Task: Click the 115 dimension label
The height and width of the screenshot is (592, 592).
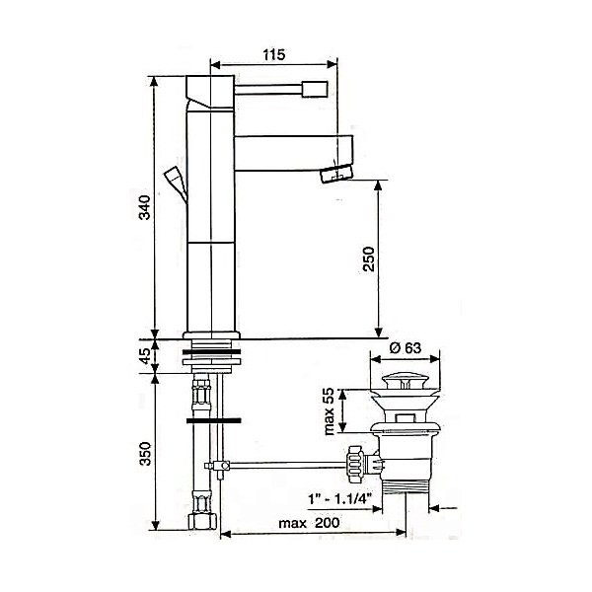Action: pyautogui.click(x=274, y=54)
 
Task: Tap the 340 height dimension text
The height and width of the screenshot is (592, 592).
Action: pyautogui.click(x=145, y=207)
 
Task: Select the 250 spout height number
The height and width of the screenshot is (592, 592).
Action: pyautogui.click(x=368, y=259)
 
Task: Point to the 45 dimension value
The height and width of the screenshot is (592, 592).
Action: pyautogui.click(x=146, y=356)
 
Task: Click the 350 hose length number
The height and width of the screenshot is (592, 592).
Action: pyautogui.click(x=145, y=454)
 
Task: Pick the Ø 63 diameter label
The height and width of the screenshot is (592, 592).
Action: pyautogui.click(x=405, y=347)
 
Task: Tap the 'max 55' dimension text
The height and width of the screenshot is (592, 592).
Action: pyautogui.click(x=330, y=411)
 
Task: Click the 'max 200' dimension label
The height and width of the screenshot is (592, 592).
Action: pyautogui.click(x=309, y=523)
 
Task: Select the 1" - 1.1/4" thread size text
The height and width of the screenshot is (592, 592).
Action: pyautogui.click(x=340, y=499)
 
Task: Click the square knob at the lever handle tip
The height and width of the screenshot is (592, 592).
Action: pyautogui.click(x=315, y=90)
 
